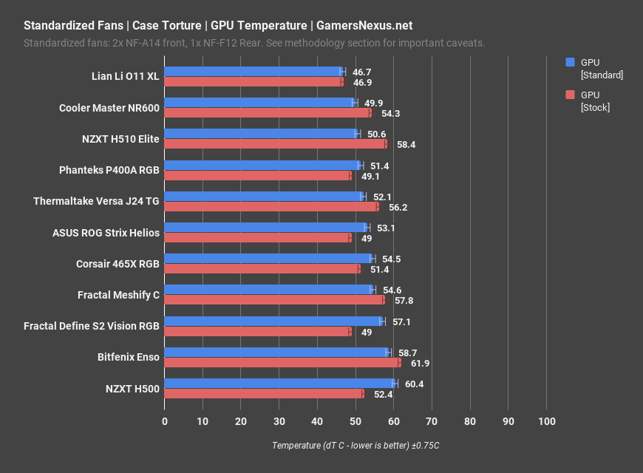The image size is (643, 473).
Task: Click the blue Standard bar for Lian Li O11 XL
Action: [253, 72]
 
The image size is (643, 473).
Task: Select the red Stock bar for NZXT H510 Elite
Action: [275, 144]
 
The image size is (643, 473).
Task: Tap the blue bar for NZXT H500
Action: [279, 384]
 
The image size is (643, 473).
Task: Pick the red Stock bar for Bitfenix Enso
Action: [282, 363]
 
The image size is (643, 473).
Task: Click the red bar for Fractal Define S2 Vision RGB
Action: [257, 332]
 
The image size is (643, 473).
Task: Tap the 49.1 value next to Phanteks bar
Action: [370, 176]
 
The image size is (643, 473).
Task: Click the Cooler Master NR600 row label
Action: [109, 108]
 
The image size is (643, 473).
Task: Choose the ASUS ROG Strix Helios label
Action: [106, 233]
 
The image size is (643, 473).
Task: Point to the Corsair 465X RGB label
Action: [118, 264]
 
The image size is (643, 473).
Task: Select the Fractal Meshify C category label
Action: [118, 295]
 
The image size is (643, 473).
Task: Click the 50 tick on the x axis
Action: [355, 421]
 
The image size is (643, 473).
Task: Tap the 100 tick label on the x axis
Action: [546, 421]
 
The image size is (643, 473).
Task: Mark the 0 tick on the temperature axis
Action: [165, 421]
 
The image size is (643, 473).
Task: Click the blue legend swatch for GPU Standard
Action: [570, 63]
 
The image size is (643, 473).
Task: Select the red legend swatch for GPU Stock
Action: [570, 95]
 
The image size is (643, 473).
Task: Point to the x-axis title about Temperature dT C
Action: [355, 446]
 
